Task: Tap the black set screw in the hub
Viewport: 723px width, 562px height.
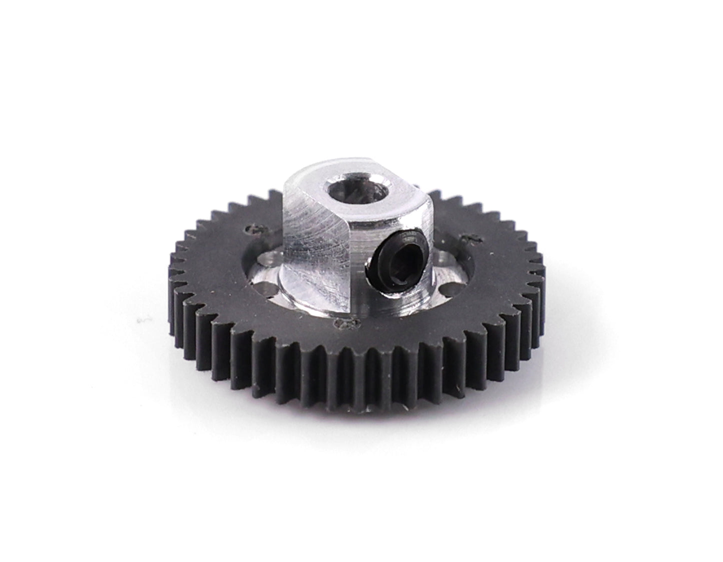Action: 396,256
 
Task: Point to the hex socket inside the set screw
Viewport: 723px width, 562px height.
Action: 398,258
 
